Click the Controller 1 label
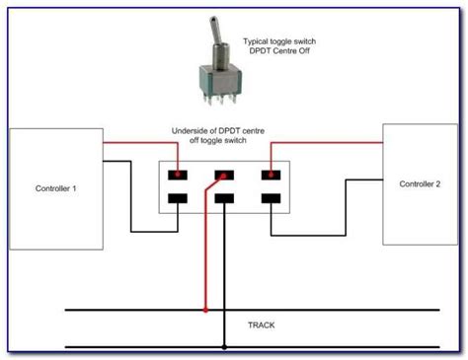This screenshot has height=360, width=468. click(55, 188)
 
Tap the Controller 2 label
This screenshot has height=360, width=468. click(420, 184)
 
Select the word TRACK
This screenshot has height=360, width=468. click(262, 325)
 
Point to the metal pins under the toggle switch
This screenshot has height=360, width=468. click(220, 99)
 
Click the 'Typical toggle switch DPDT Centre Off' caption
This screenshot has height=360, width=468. click(279, 46)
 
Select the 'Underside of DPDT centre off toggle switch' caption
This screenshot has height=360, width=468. click(218, 135)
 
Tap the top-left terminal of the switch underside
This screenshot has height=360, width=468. click(178, 175)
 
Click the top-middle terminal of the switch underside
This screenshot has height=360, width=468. click(224, 175)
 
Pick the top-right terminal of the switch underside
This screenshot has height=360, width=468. click(271, 175)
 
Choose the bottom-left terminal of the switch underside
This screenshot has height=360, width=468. click(178, 198)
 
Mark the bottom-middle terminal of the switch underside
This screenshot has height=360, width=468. click(224, 198)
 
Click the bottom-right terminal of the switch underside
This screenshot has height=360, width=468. click(271, 198)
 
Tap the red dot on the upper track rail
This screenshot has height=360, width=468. click(205, 310)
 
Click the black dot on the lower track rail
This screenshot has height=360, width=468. click(224, 347)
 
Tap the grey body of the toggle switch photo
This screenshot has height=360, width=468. click(220, 81)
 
